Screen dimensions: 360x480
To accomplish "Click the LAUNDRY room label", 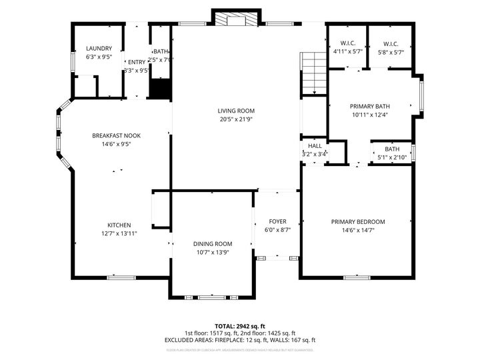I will pos(99,49).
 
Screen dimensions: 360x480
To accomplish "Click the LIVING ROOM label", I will pos(236,111).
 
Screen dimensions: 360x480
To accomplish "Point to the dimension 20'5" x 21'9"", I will pos(236,119).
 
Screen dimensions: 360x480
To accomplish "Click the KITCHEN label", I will pos(119,225).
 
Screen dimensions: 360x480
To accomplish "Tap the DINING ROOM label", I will pos(213,244).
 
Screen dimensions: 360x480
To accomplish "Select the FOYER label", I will pos(277,221).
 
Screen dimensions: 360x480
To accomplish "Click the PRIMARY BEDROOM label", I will pos(358,222).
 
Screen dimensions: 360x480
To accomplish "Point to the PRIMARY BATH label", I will pos(370,106).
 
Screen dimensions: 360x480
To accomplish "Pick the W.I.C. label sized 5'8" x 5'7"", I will pos(390,43).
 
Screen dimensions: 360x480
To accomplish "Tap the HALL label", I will pos(315,145).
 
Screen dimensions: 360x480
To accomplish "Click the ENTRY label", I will pos(137,62).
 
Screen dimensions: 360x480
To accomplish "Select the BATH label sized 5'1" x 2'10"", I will pos(391,149).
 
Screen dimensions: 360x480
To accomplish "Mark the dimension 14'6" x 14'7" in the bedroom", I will pos(358,231).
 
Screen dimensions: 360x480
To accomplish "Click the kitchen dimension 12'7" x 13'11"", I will pos(119,233).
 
